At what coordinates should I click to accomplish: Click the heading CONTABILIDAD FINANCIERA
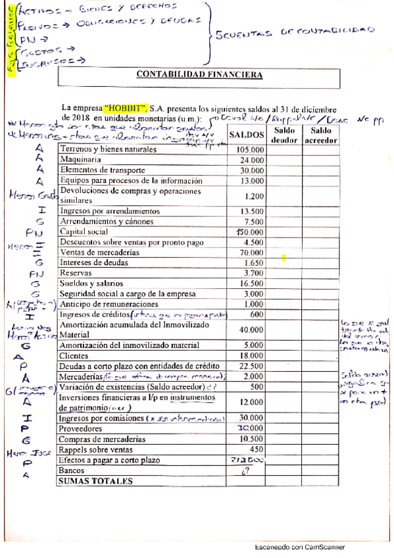tap(199, 74)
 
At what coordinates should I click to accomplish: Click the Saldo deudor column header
tap(284, 136)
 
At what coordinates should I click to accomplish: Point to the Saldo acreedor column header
tap(320, 136)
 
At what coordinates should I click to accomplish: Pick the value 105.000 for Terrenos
tap(250, 149)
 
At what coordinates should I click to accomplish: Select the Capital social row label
tap(84, 232)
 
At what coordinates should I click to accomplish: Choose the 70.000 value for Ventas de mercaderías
tap(251, 252)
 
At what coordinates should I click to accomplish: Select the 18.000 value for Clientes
tap(251, 356)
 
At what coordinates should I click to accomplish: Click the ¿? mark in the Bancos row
tap(248, 470)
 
